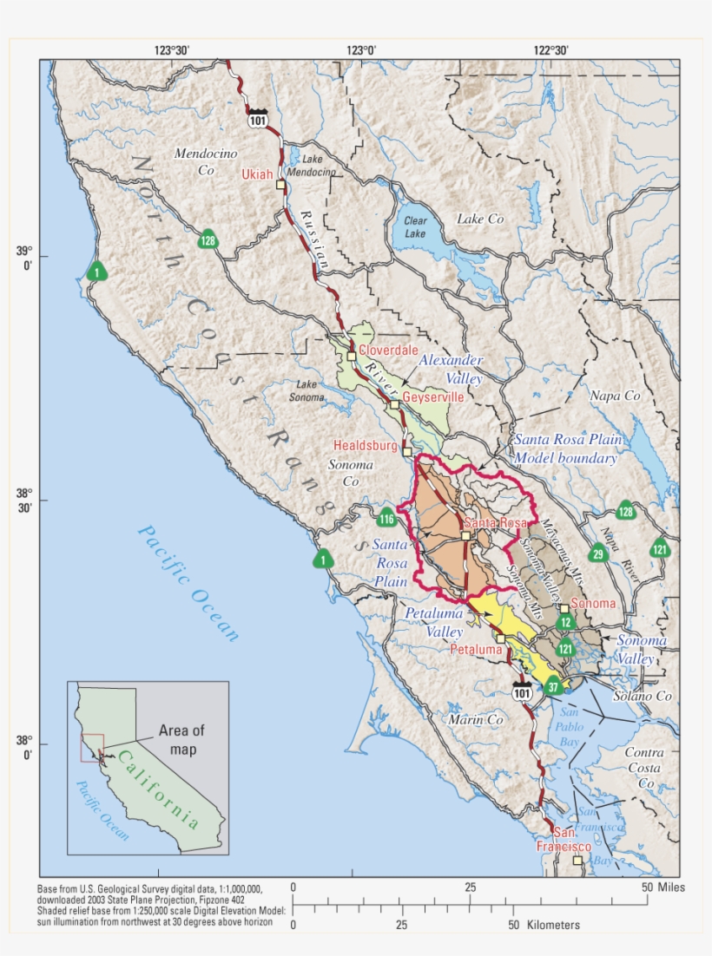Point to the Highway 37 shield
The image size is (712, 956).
pos(553,687)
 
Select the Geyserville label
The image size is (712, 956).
pos(432,396)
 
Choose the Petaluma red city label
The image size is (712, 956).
pos(476,648)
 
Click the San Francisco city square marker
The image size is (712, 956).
pos(577,861)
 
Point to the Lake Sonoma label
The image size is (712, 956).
pos(311,390)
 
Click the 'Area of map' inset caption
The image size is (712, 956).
pos(182,739)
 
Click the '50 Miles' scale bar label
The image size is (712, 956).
pos(663,887)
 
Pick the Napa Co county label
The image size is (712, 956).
pos(615,396)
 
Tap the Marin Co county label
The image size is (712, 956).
pos(475,720)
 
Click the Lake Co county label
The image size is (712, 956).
pos(480,219)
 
